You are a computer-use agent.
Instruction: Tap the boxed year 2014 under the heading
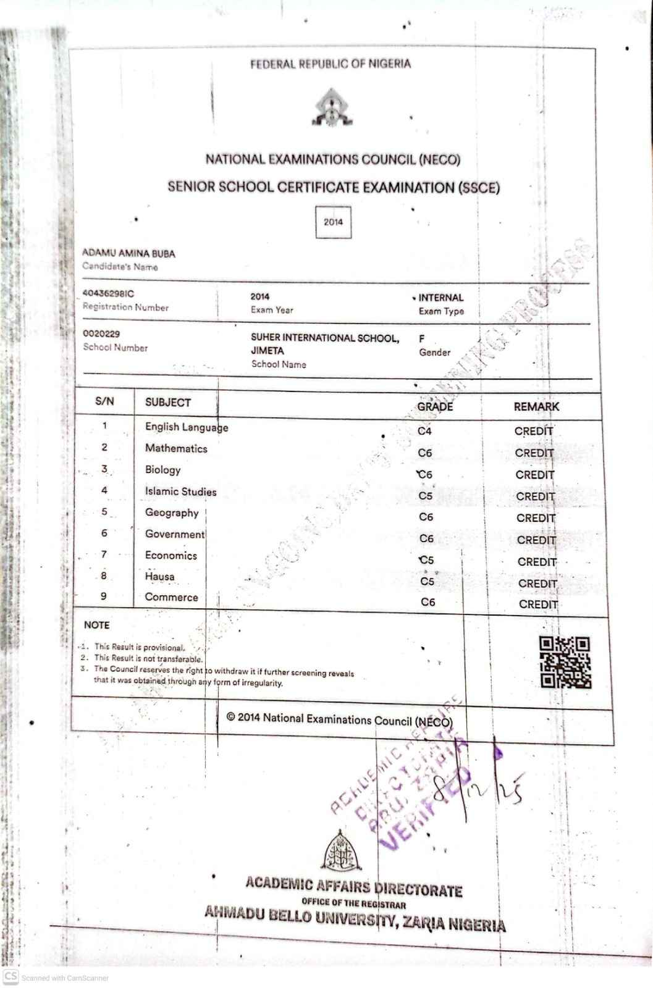pyautogui.click(x=333, y=222)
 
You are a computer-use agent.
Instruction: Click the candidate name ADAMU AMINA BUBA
pyautogui.click(x=128, y=253)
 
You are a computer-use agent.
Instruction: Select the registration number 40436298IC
pyautogui.click(x=108, y=294)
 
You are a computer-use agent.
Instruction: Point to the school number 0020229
pyautogui.click(x=101, y=334)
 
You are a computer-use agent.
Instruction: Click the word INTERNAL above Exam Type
pyautogui.click(x=440, y=298)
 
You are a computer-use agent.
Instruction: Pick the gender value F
pyautogui.click(x=422, y=339)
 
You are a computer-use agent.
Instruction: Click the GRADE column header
pyautogui.click(x=435, y=406)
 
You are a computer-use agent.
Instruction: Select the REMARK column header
pyautogui.click(x=536, y=406)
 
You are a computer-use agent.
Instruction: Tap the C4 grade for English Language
pyautogui.click(x=424, y=431)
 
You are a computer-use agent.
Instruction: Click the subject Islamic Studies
pyautogui.click(x=180, y=492)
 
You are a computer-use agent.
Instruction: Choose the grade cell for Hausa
pyautogui.click(x=427, y=581)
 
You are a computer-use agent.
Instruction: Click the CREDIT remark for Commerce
pyautogui.click(x=538, y=605)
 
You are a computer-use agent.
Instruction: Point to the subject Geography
pyautogui.click(x=172, y=513)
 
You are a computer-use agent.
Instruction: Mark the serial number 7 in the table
pyautogui.click(x=104, y=555)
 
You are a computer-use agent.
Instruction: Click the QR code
pyautogui.click(x=565, y=663)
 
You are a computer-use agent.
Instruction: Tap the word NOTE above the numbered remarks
pyautogui.click(x=96, y=625)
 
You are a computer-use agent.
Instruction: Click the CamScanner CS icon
pyautogui.click(x=11, y=977)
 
